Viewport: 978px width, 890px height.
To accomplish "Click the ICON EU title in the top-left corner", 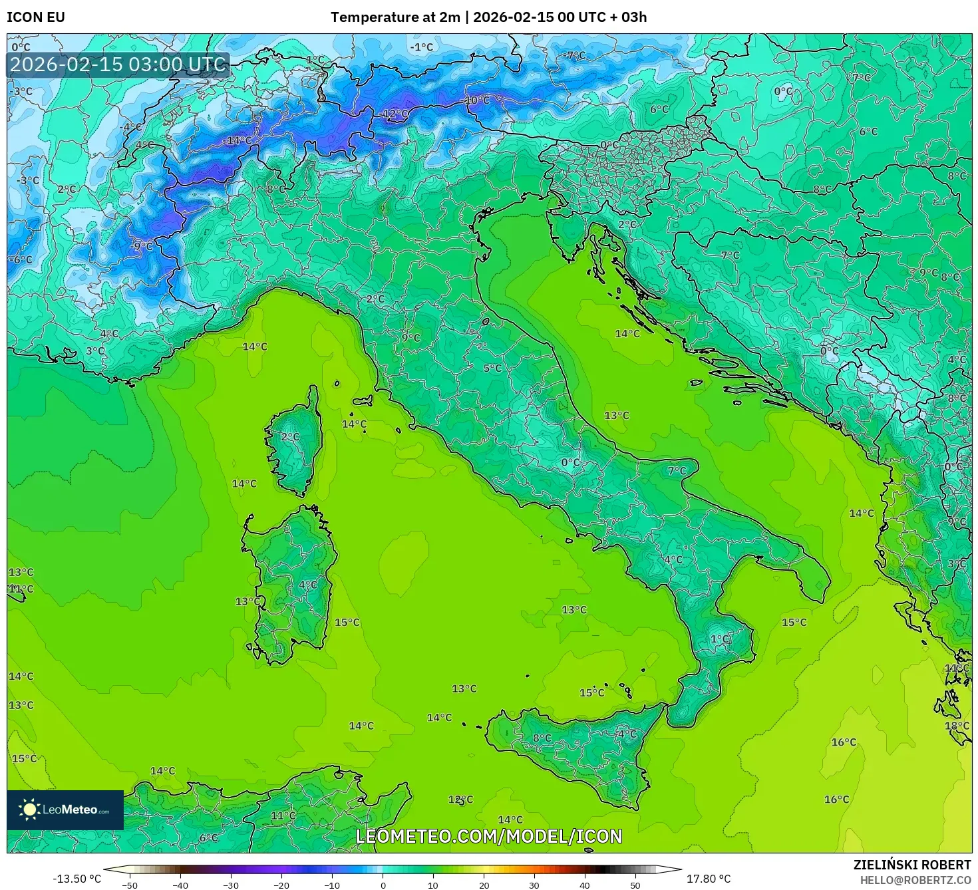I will click(x=36, y=17).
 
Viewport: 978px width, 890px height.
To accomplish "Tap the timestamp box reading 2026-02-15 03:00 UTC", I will click(x=118, y=65).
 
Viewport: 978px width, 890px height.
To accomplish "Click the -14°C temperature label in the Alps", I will click(x=237, y=140).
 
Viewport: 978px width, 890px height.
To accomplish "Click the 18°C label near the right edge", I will click(x=957, y=726).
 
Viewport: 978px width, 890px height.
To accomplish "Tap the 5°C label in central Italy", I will click(x=492, y=368).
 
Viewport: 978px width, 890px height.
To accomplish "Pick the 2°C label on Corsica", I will click(x=290, y=437).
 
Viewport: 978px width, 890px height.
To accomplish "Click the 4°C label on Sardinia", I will click(x=307, y=585).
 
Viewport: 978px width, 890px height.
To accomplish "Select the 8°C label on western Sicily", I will click(x=542, y=738).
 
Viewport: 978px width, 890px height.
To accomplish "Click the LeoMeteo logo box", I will click(x=65, y=810).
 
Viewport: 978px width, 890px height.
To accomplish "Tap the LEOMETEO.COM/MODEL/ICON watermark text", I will click(x=489, y=836).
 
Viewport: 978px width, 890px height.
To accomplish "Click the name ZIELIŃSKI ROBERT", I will click(x=911, y=865).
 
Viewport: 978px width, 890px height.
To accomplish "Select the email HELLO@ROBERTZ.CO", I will click(x=915, y=879).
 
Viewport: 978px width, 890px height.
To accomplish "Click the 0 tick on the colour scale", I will click(x=383, y=885).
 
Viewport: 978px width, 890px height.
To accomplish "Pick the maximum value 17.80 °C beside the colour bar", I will click(x=709, y=879).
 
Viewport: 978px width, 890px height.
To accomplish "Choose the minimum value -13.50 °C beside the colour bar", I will click(x=77, y=879).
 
